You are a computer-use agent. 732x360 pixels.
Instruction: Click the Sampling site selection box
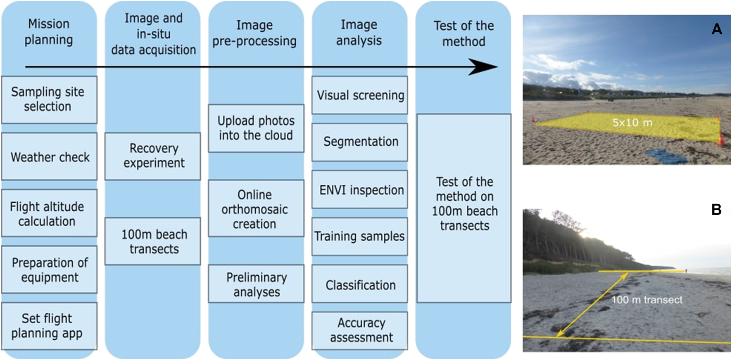point(49,99)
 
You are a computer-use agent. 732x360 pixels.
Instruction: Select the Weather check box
point(49,156)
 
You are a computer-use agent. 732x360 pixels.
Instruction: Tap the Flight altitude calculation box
point(49,213)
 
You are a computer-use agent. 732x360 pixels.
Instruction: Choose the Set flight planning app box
point(49,326)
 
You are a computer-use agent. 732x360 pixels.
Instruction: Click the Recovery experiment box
point(153,156)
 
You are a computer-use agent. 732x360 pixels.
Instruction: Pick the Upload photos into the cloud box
point(256,128)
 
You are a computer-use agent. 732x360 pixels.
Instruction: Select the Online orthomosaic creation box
point(256,208)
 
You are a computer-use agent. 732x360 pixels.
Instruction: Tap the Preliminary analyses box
point(256,284)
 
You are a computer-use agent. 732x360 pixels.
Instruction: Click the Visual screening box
point(360,95)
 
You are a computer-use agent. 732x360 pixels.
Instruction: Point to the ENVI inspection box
point(360,189)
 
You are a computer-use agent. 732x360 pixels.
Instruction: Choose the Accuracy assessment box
point(360,330)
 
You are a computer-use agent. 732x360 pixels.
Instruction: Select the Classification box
point(360,284)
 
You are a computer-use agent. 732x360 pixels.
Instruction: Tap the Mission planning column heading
point(49,31)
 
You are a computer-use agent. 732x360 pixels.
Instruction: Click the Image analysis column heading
point(359,32)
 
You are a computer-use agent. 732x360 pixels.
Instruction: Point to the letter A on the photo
point(717,29)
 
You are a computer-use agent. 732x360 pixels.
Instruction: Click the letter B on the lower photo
point(716,209)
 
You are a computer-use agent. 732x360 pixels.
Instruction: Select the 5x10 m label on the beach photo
point(632,122)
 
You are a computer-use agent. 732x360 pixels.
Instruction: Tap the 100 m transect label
point(646,300)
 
